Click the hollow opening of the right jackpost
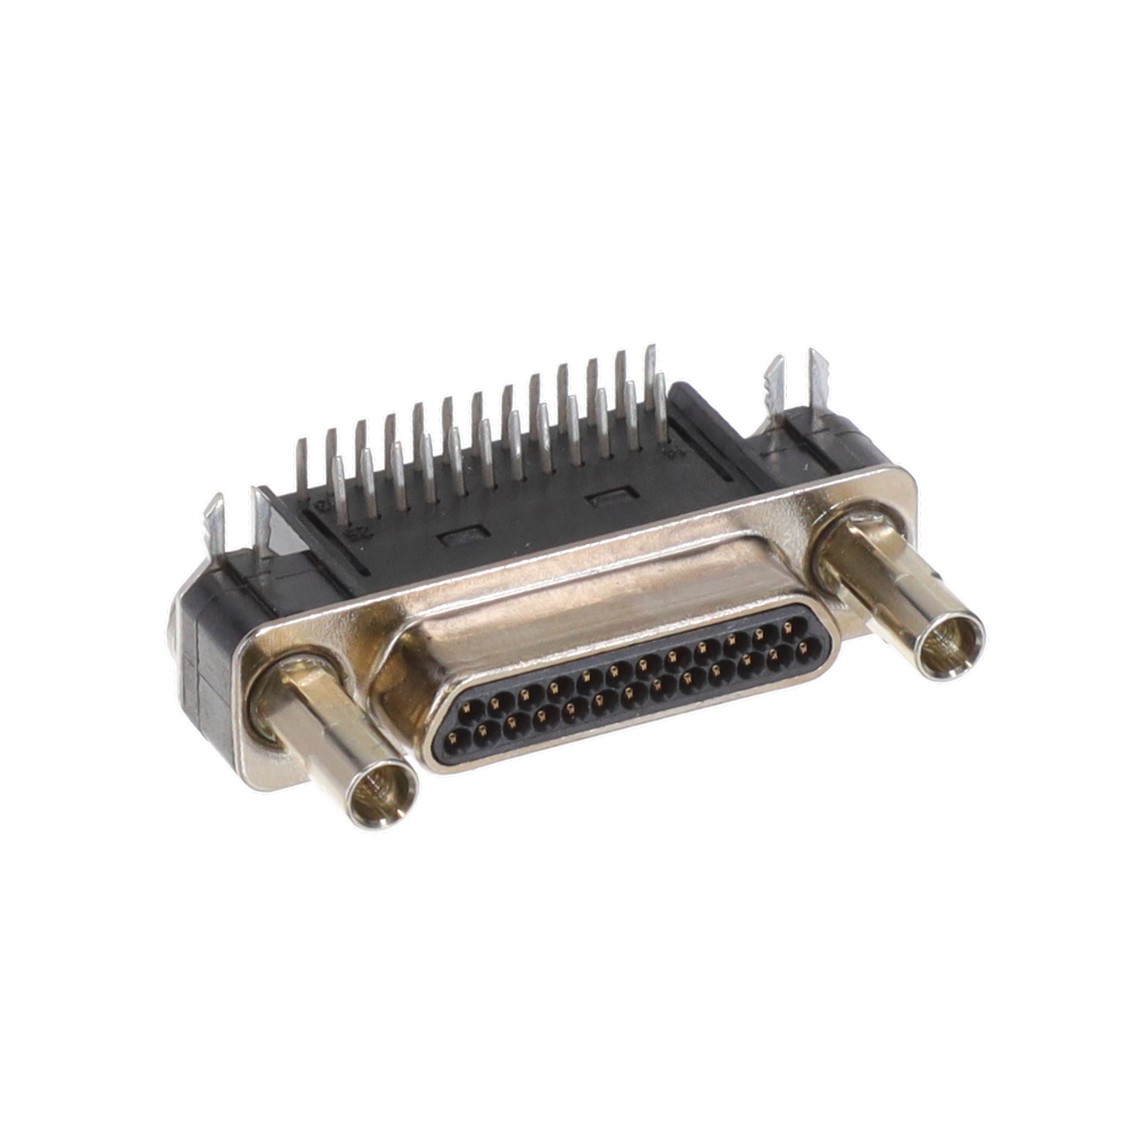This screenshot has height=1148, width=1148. pos(950,643)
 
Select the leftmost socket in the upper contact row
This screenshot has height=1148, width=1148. pos(468,706)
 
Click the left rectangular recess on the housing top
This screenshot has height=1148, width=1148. pos(464,536)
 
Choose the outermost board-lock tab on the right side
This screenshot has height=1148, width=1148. pos(817,374)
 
